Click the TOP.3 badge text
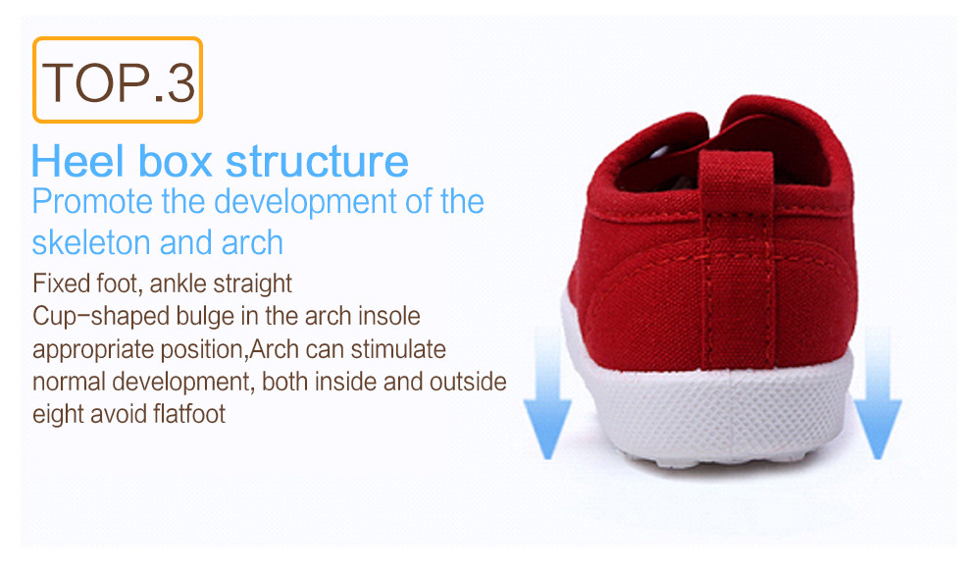pos(119,81)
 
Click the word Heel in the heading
pos(78,161)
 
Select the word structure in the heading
pos(317,161)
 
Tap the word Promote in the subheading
pos(92,201)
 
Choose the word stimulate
pos(398,349)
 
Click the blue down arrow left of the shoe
pos(547,392)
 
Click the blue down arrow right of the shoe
pos(878,392)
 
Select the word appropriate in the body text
pos(94,350)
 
